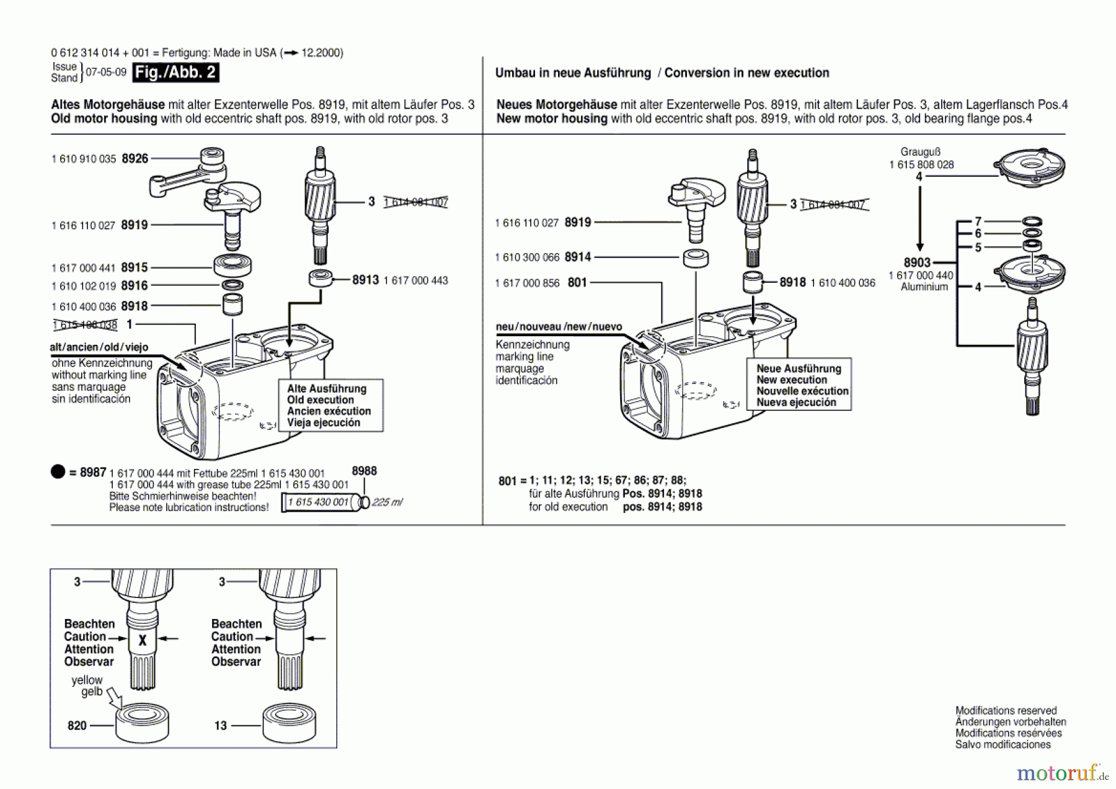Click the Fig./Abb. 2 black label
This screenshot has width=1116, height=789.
point(175,73)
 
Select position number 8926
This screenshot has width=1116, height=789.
point(135,159)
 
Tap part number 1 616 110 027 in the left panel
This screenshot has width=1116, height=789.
point(83,226)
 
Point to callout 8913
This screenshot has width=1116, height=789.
point(365,280)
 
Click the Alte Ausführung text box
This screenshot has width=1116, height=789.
point(330,406)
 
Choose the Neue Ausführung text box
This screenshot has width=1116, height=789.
point(799,385)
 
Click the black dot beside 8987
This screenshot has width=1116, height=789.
point(58,472)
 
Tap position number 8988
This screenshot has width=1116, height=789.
point(364,471)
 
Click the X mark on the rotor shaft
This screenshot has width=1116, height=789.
point(143,641)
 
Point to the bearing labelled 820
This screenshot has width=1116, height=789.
point(142,723)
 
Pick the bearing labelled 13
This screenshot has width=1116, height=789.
point(289,723)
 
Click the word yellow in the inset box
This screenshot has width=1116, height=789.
point(87,680)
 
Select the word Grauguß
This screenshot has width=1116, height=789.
point(920,152)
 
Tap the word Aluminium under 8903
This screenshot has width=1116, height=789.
point(924,287)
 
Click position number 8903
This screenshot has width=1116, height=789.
point(917,263)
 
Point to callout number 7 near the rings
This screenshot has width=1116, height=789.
point(978,221)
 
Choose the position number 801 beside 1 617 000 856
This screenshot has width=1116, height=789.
point(577,283)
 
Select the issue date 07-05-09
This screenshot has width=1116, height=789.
point(106,73)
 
